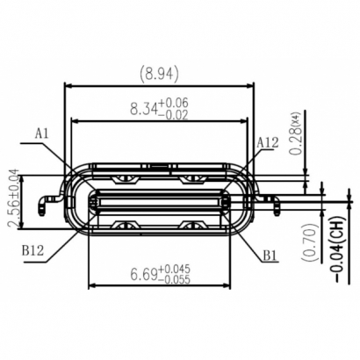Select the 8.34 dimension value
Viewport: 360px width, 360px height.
(x=146, y=109)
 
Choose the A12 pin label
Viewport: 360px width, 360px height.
(x=268, y=141)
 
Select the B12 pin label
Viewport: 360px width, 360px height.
(x=33, y=248)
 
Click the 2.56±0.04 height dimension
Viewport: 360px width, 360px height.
(x=13, y=202)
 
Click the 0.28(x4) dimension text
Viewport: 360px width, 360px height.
(x=297, y=136)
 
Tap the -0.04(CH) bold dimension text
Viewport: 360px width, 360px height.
(x=337, y=247)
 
